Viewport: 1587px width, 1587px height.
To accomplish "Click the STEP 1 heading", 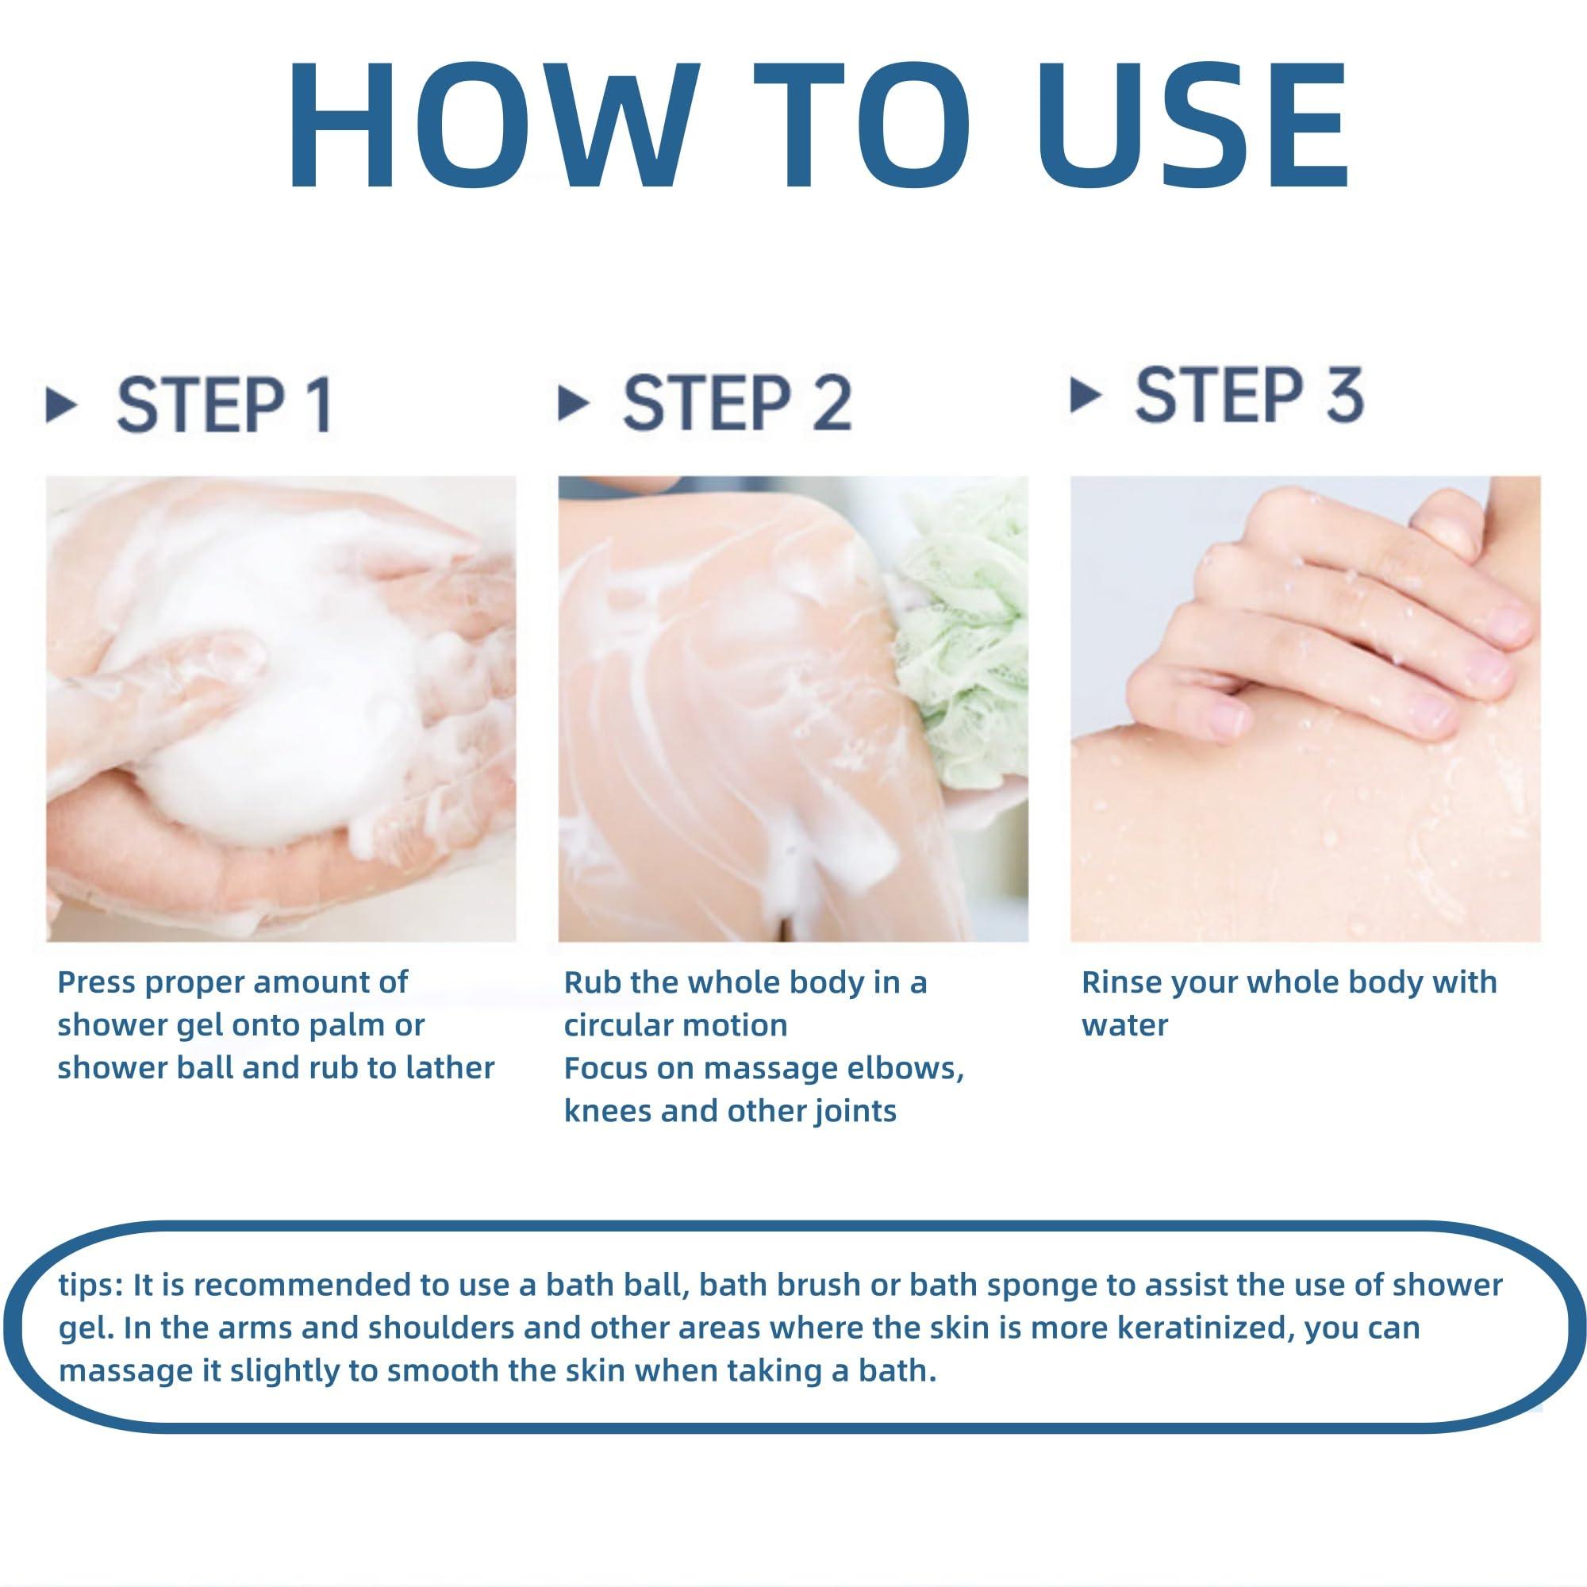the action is point(225,405).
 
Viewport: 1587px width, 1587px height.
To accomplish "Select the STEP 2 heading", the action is point(737,403).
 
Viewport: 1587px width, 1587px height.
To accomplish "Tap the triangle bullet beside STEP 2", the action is point(574,403).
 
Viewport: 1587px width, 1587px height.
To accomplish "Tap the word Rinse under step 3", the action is point(1122,982).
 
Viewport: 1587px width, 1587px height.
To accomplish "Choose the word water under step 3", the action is point(1124,1026).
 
